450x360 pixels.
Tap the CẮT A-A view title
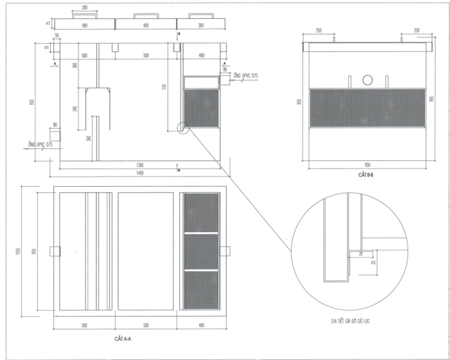(125, 336)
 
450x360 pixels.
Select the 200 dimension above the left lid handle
(84, 7)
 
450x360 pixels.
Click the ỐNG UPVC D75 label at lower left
(41, 144)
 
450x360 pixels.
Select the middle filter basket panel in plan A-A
(202, 251)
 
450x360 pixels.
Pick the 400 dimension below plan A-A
(202, 325)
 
